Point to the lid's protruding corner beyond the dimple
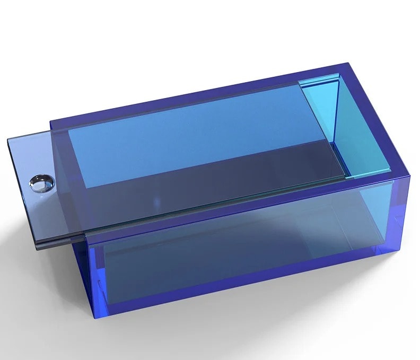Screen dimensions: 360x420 pos(9,139)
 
